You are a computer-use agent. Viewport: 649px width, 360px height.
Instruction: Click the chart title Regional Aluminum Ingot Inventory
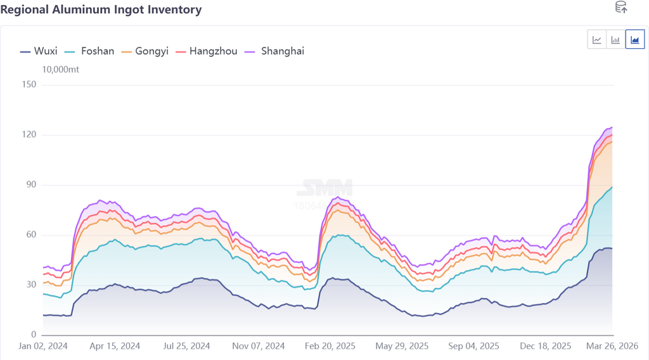point(101,10)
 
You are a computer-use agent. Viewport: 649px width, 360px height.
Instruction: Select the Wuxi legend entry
point(39,51)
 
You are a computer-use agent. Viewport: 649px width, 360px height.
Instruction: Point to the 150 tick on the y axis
point(29,85)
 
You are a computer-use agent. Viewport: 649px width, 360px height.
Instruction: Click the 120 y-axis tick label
point(29,135)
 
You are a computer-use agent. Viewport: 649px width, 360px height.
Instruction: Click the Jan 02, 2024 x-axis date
point(43,347)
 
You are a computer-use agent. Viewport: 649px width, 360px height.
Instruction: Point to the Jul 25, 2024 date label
point(186,347)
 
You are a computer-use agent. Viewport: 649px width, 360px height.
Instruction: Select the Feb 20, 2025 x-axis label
point(330,347)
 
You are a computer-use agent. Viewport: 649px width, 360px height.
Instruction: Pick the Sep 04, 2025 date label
point(473,347)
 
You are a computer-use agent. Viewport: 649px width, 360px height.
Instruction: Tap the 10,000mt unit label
point(61,70)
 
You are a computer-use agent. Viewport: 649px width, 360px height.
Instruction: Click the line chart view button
point(597,40)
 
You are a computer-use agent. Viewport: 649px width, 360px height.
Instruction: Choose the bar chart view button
point(615,40)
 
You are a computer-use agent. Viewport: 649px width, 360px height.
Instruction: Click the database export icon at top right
point(621,8)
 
